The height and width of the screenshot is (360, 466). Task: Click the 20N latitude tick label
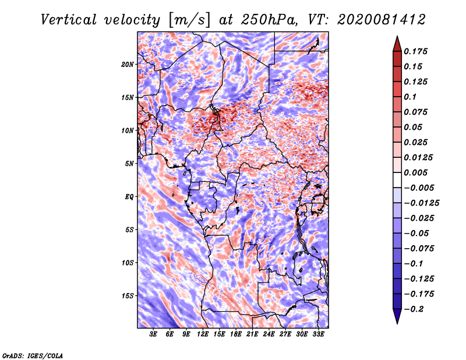tap(128, 65)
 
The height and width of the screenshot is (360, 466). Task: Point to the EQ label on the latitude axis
tap(129, 197)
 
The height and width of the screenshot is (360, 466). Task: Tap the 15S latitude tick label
tap(128, 296)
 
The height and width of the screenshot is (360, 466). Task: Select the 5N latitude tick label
tap(129, 164)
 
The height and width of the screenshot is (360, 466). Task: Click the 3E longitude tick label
tap(153, 334)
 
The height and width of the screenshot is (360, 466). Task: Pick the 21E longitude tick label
tap(252, 334)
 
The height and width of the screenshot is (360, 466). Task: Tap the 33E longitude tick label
tap(318, 334)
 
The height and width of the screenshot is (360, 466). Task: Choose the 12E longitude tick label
tap(203, 334)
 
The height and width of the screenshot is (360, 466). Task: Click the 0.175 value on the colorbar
tap(415, 51)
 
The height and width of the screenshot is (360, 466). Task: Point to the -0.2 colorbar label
tap(414, 309)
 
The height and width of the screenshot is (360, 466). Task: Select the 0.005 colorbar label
tap(415, 172)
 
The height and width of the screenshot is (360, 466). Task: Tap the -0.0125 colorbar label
tap(421, 203)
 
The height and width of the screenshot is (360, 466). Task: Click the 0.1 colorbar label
tap(410, 97)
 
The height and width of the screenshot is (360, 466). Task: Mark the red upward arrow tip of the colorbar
tap(397, 36)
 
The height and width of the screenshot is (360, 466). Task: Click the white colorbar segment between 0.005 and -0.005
tap(397, 180)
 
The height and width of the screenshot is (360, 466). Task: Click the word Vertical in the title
tap(69, 20)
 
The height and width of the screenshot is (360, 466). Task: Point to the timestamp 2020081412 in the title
tap(382, 20)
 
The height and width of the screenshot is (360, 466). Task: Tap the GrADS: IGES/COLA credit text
tap(33, 356)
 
